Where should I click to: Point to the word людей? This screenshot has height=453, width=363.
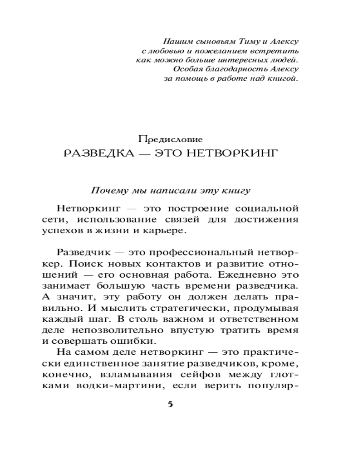(x=285, y=60)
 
